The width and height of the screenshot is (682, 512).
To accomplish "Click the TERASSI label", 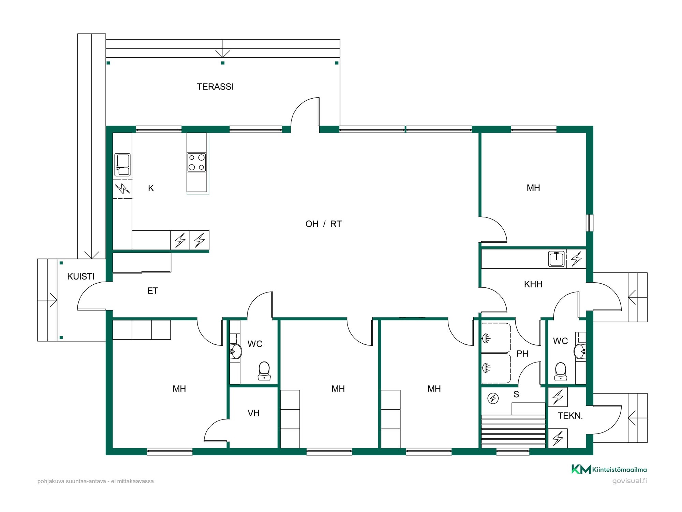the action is pos(215,87).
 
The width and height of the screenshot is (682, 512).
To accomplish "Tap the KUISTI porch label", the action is pos(81,276).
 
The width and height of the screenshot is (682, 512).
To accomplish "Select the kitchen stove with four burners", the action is pos(196,162).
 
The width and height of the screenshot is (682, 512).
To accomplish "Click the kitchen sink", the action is pos(122,165).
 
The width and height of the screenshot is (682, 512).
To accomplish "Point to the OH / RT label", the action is pos(324,224).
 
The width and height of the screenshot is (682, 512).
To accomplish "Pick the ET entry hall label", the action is pos(152,291).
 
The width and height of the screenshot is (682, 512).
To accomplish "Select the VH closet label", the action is pos(253,413).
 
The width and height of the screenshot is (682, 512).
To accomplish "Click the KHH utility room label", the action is pos(533,284).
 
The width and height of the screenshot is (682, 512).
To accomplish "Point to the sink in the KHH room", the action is pos(557,259).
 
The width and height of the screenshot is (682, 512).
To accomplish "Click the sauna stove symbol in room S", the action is pos(493,398).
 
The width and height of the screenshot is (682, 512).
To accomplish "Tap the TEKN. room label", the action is pos(570,416).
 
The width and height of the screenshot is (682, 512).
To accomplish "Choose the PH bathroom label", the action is pos(522,354).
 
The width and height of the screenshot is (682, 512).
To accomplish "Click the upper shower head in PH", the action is pos(486,339).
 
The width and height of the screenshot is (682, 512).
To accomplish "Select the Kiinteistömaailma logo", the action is pos(609,470).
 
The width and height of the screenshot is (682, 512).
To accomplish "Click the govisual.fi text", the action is pos(629,481).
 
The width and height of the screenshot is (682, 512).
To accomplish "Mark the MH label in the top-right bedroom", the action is pos(533,188).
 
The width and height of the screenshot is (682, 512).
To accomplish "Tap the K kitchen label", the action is pos(151,188).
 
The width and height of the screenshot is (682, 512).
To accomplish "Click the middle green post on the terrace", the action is pos(223,63).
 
